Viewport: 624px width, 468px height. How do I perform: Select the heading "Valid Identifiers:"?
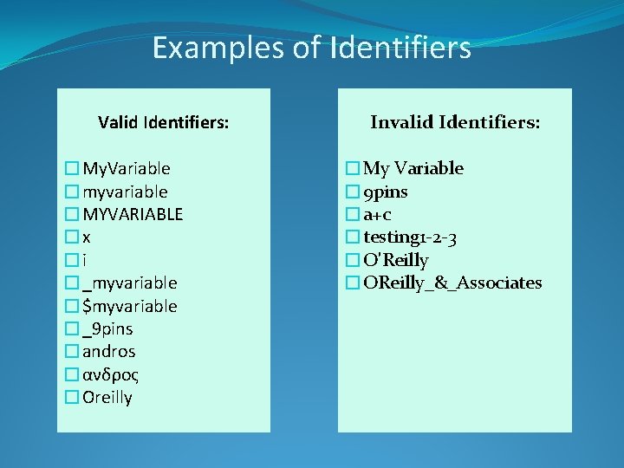164,123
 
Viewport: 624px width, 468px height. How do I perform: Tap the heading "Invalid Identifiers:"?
455,123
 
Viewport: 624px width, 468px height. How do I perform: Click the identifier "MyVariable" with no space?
127,168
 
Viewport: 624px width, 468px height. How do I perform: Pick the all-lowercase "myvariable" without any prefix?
125,192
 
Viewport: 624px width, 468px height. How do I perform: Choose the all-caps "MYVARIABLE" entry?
133,214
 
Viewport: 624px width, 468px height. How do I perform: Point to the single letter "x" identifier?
87,237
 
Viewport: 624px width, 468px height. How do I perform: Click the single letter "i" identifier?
85,260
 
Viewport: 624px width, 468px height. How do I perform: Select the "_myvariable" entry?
130,283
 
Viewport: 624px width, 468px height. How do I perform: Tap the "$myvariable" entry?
130,306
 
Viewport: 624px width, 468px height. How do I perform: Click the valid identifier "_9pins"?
107,329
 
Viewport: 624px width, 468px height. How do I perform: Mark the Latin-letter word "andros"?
109,352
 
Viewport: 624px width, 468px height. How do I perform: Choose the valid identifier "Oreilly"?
107,398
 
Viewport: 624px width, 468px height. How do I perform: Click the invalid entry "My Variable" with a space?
413,168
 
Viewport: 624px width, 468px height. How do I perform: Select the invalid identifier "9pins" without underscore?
386,192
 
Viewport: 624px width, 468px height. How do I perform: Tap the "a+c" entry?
378,214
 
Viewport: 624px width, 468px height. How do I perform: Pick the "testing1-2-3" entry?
411,237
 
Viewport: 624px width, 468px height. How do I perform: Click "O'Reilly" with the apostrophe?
396,260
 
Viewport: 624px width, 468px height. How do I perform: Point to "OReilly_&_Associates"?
452,283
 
